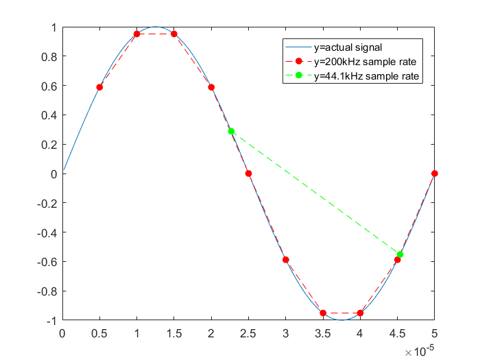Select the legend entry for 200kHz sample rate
tap(363, 62)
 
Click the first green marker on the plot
tap(231, 131)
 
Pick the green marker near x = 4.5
tap(400, 254)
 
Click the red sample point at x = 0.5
tap(99, 87)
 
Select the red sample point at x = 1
tap(137, 34)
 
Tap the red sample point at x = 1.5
tap(174, 34)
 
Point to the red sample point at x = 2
tap(211, 87)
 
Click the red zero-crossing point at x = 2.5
tap(248, 173)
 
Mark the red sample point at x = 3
tap(286, 260)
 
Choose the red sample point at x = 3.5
tap(323, 313)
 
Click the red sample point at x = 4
tap(360, 313)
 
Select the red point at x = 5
tap(435, 173)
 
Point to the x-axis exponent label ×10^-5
tap(420, 350)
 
